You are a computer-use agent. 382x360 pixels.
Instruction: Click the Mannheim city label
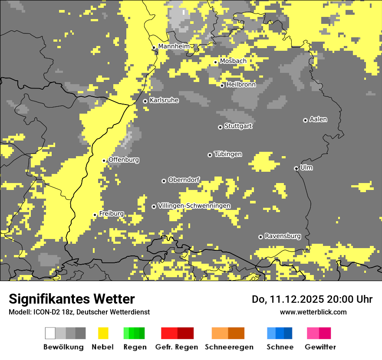pyautogui.click(x=174, y=46)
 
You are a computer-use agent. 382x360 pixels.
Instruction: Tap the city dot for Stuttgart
pyautogui.click(x=220, y=127)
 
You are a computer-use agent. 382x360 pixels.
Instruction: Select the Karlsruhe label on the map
pyautogui.click(x=164, y=100)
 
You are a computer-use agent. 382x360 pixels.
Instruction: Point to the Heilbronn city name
pyautogui.click(x=241, y=85)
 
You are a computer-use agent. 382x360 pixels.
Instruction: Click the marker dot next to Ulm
pyautogui.click(x=296, y=168)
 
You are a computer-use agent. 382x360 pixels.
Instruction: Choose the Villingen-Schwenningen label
pyautogui.click(x=194, y=206)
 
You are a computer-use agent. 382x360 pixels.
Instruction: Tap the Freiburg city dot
pyautogui.click(x=95, y=215)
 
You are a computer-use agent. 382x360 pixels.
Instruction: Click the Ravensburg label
pyautogui.click(x=283, y=236)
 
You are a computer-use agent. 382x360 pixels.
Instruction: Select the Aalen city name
pyautogui.click(x=318, y=119)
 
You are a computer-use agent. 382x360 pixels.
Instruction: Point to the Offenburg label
pyautogui.click(x=124, y=160)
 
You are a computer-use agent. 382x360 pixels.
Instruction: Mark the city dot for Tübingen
pyautogui.click(x=210, y=155)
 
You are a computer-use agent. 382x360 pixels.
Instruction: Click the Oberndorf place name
pyautogui.click(x=184, y=180)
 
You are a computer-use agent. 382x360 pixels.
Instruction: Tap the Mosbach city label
pyautogui.click(x=233, y=61)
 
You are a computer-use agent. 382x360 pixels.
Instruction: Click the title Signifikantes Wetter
pyautogui.click(x=72, y=299)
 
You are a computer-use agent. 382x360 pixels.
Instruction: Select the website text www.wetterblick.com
pyautogui.click(x=313, y=312)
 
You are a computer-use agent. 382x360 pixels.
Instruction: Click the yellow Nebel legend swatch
pyautogui.click(x=103, y=333)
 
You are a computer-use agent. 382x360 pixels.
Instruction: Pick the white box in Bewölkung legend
pyautogui.click(x=50, y=333)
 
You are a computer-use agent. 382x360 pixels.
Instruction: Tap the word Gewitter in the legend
pyautogui.click(x=320, y=347)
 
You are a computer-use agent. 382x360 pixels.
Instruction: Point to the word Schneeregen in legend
pyautogui.click(x=228, y=347)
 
